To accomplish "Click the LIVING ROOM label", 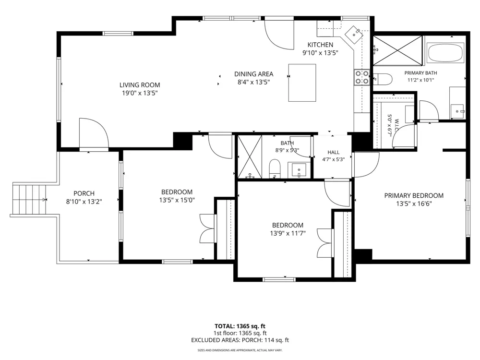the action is pos(140,85).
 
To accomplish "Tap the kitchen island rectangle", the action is pos(302,83).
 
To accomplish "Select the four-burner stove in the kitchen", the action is pos(361,77).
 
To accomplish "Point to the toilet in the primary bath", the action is pos(383,79).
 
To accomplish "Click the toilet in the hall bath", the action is pos(275,168).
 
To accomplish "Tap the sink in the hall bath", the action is pos(299,170).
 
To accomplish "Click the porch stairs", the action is pos(29,200).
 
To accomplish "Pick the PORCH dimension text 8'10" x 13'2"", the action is pos(84,202).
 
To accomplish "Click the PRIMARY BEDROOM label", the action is pos(414,195).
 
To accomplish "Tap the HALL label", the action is pos(334,152).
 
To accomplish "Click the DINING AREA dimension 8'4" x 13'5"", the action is pos(253,82).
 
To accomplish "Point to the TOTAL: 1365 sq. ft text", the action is pos(240,326).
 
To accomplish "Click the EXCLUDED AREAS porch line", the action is pos(240,340).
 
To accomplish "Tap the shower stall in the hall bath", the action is pos(250,157).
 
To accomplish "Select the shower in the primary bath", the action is pos(397,50).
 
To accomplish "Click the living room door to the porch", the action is pos(94,134).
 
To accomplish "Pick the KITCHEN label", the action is pos(320,45).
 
